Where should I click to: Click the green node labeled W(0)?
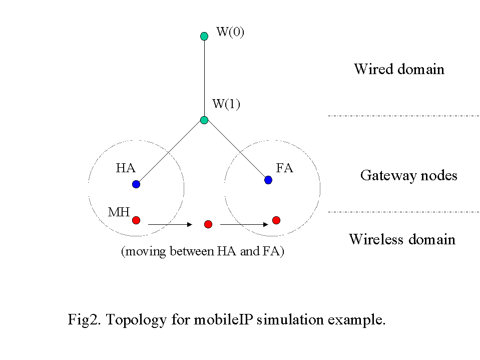coord(204,36)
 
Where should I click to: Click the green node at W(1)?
coord(204,120)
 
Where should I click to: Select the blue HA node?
coord(136,184)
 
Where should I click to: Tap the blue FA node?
coord(268,180)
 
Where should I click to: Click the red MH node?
coord(136,220)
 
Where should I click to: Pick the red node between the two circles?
coord(209,224)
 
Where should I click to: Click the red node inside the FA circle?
coord(276,220)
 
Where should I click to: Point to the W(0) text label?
coord(230,33)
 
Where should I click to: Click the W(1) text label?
coord(226,104)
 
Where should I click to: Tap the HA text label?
coord(126,168)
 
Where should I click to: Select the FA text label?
coord(284,168)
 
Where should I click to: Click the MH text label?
coord(119,212)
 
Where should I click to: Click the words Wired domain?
coord(399,69)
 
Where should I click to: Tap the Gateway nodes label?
coord(408,176)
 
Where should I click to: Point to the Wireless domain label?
coord(402,239)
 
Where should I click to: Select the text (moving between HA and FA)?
coord(202,251)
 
